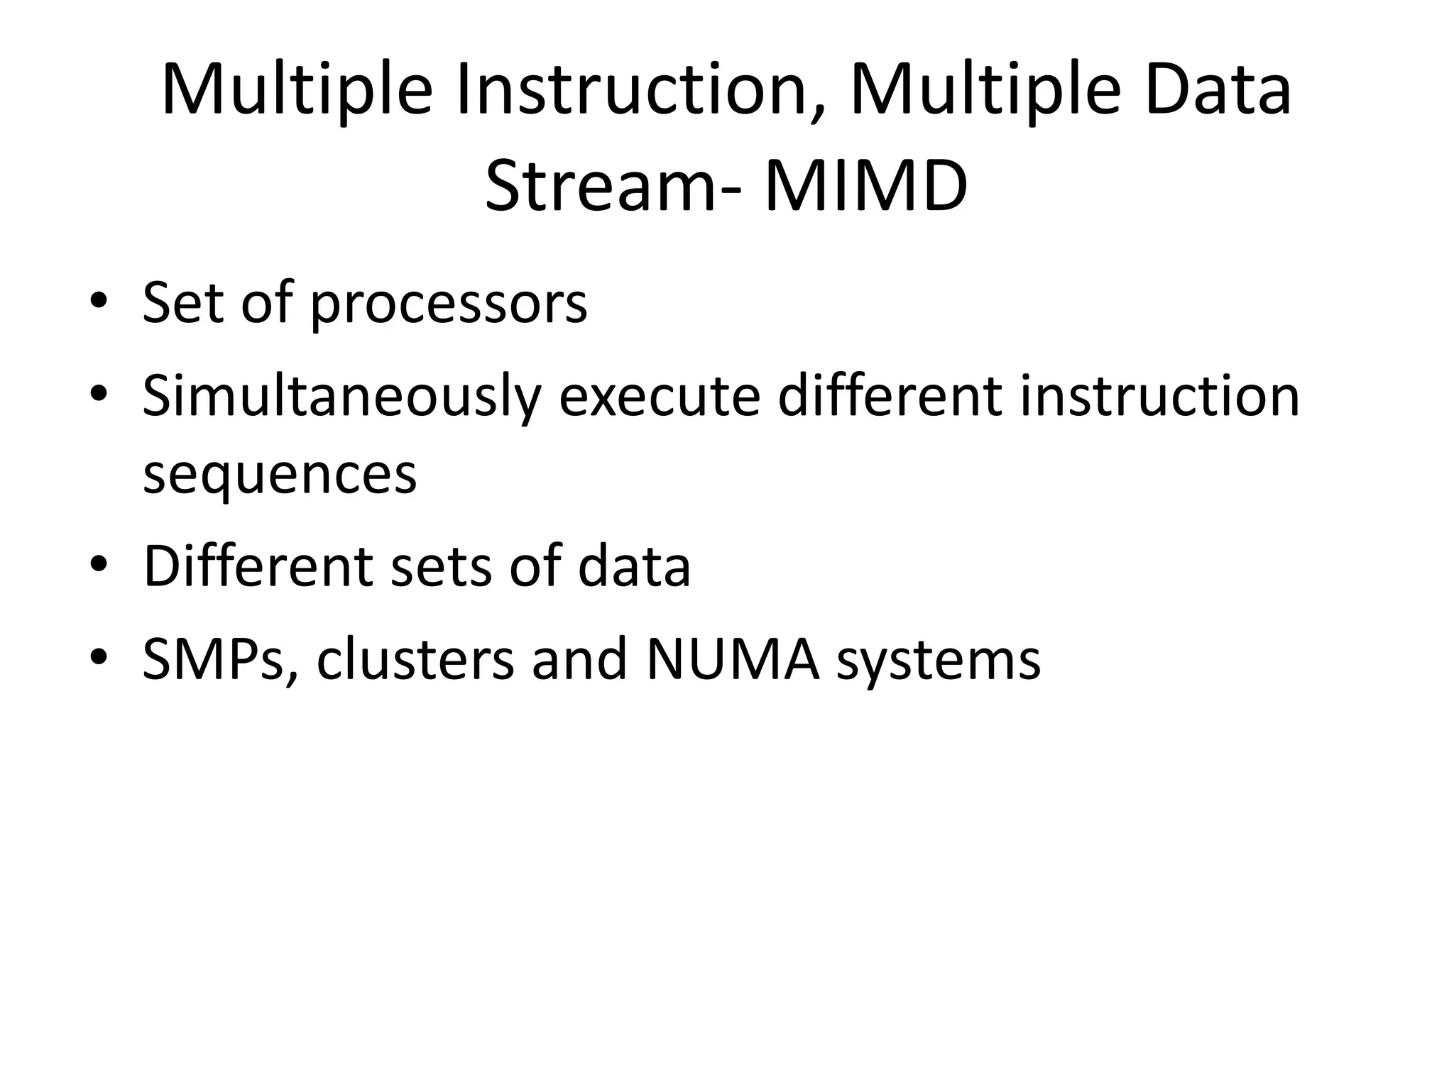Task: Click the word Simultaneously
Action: click(x=341, y=397)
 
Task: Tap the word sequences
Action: click(x=280, y=475)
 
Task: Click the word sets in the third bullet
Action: click(x=441, y=567)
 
